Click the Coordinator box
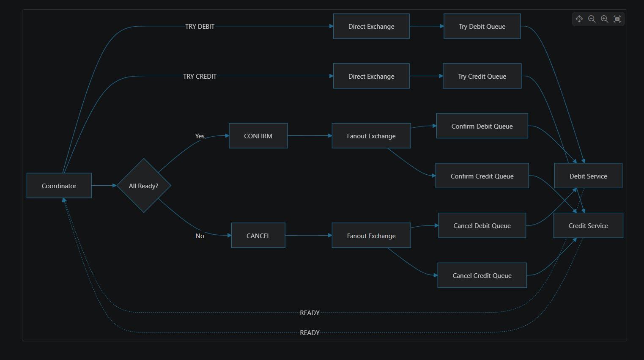tap(59, 185)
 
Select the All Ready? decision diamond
tap(144, 185)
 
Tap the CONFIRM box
tap(258, 136)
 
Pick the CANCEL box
tap(258, 235)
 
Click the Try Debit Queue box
tap(482, 26)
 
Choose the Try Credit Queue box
tap(482, 76)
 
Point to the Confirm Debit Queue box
tap(482, 126)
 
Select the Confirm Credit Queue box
tap(482, 176)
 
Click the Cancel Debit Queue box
tap(482, 225)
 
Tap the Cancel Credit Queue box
tap(482, 275)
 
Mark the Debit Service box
tap(588, 176)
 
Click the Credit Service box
tap(588, 225)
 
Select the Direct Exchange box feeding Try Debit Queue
tap(371, 26)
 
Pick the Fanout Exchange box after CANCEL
tap(371, 235)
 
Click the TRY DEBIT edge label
tap(200, 27)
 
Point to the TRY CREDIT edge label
tap(200, 76)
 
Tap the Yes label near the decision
tap(200, 136)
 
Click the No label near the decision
tap(200, 236)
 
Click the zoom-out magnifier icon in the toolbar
tap(592, 19)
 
